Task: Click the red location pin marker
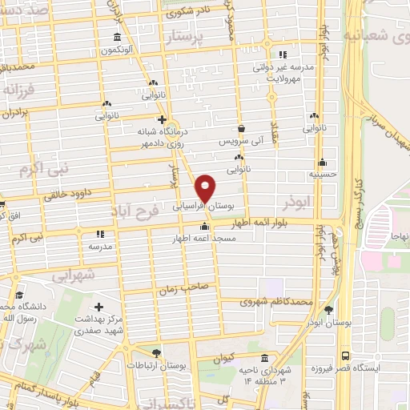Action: click(x=206, y=188)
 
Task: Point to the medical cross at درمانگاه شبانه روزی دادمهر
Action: click(x=161, y=121)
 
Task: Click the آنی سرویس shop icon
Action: click(x=242, y=128)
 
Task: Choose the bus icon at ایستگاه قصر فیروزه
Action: click(x=345, y=356)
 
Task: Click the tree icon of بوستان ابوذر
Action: click(x=328, y=310)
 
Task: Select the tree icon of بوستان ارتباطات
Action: click(x=156, y=352)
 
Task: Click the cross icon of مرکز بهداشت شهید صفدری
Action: click(x=98, y=306)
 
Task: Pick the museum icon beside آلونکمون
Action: click(x=118, y=38)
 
